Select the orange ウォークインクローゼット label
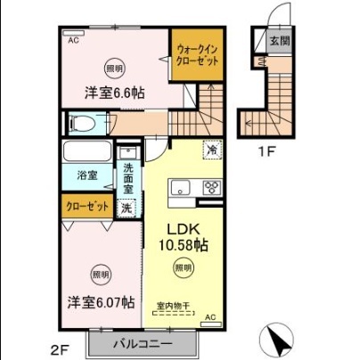[196, 55]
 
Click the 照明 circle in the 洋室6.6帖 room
[115, 67]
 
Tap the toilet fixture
[82, 125]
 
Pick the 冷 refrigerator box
[213, 151]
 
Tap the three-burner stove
[213, 187]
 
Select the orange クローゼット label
[87, 207]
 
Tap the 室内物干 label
[175, 305]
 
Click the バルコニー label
[140, 344]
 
